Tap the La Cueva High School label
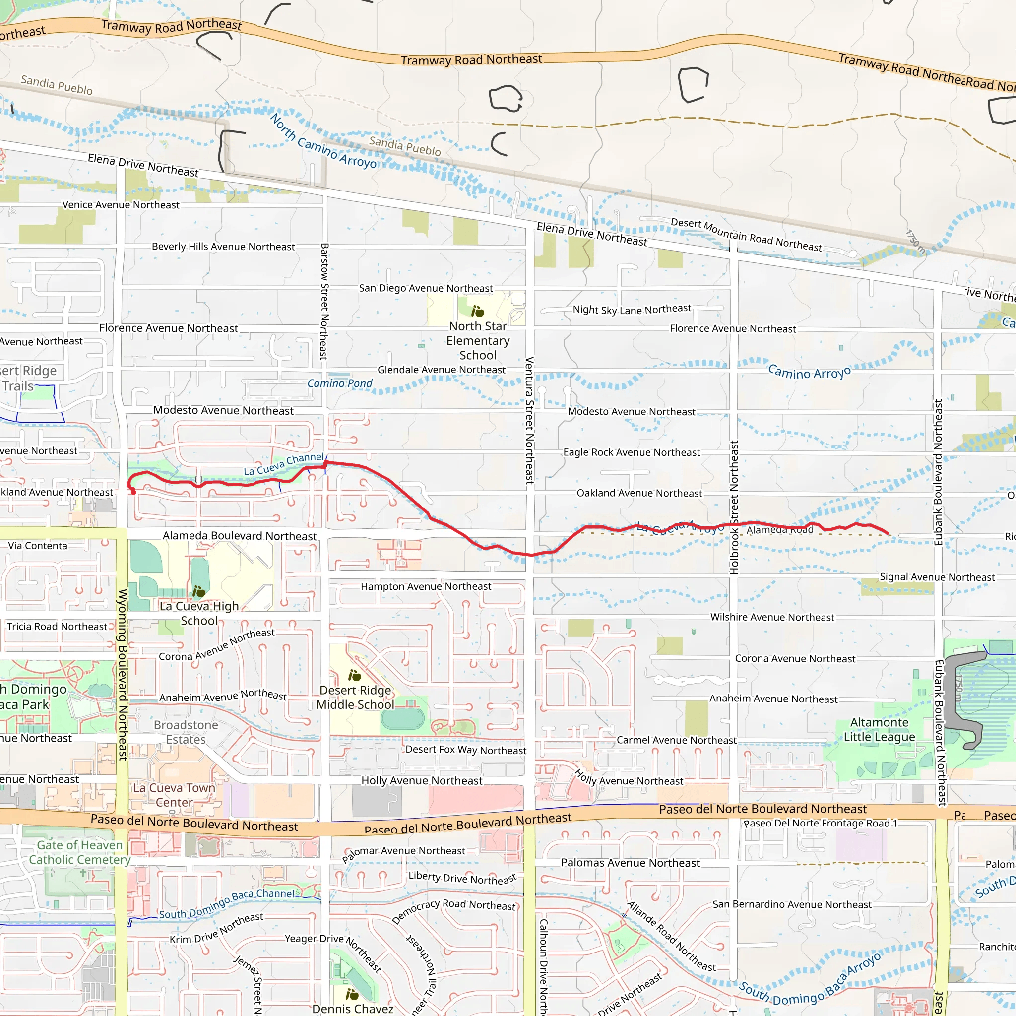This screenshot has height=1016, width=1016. [x=199, y=613]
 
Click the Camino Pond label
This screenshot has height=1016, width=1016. [x=340, y=383]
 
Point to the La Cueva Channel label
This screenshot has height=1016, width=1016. [x=283, y=464]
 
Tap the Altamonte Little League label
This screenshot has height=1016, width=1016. [x=879, y=729]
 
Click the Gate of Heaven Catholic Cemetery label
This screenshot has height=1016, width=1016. [x=79, y=852]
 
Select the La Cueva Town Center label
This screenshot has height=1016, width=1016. [x=174, y=795]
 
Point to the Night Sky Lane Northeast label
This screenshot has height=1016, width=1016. [x=632, y=309]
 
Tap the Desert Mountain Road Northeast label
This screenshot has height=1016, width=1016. [x=746, y=235]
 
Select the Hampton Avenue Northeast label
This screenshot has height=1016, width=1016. [x=426, y=586]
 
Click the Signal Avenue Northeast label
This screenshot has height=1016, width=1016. [x=937, y=577]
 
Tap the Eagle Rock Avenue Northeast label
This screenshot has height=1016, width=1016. [x=631, y=452]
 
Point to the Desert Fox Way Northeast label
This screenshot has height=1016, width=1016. [x=465, y=750]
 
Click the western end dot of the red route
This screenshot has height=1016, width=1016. [x=133, y=492]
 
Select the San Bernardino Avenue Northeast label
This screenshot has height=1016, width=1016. [x=791, y=904]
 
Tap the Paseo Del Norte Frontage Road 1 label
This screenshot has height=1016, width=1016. [x=820, y=824]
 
